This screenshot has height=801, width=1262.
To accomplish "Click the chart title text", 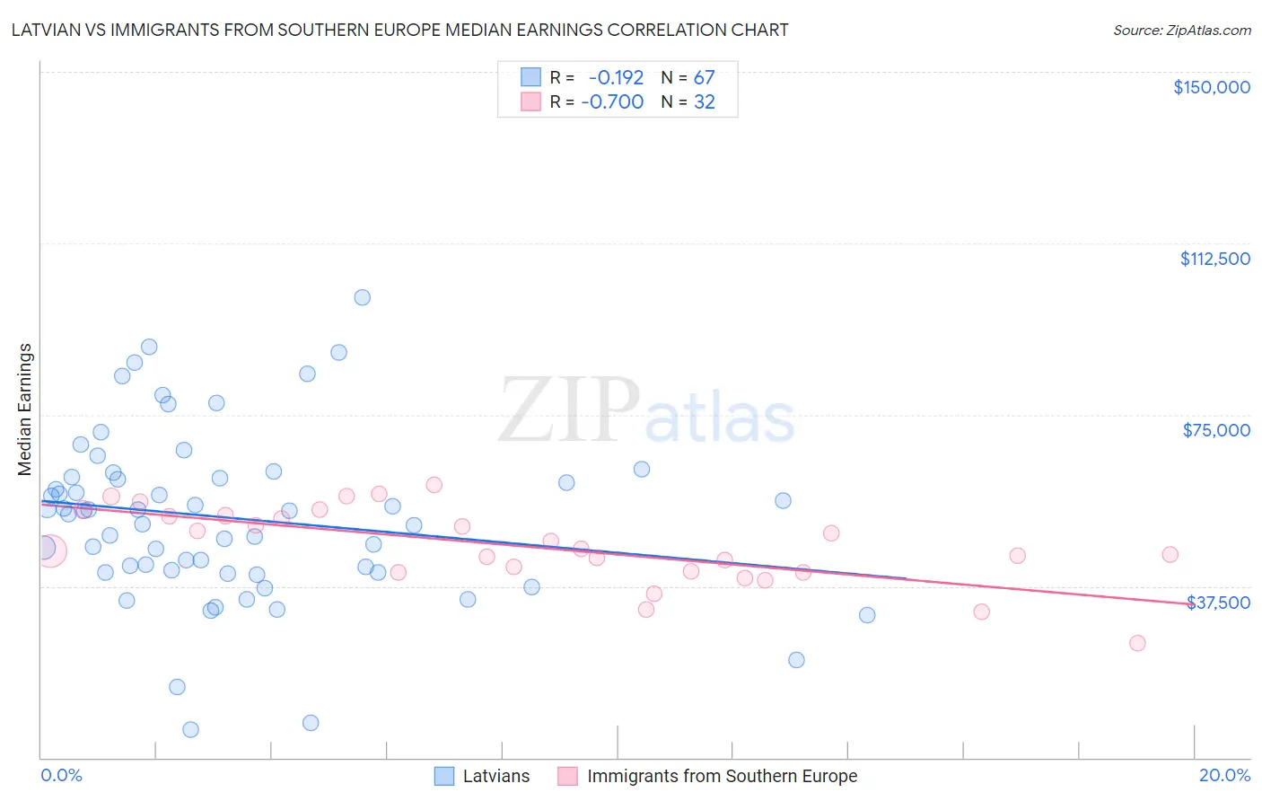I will [400, 31].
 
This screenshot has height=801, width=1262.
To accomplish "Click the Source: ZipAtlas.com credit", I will [1181, 31].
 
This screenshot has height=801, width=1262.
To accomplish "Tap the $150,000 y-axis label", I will [1212, 87].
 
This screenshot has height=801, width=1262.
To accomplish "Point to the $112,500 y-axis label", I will [1214, 259].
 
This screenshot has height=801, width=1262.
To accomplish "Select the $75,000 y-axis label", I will [1216, 430].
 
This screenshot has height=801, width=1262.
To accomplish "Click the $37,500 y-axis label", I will [1218, 603].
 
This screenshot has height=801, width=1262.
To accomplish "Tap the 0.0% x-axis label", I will [61, 775].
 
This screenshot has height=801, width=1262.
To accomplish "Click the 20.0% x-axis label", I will [1224, 775].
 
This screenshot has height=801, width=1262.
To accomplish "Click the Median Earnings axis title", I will [25, 409].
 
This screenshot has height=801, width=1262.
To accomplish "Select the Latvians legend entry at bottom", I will [495, 776].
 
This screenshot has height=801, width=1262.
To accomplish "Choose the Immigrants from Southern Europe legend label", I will [722, 776].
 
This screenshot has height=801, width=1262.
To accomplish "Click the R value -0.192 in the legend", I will [616, 77].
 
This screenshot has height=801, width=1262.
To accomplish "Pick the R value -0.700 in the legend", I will [612, 102].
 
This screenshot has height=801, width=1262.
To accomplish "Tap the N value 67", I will [704, 77].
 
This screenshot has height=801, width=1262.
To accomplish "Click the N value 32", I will [704, 102].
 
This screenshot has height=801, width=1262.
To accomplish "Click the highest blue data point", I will [362, 297].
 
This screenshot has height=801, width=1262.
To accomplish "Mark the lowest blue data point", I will [190, 729].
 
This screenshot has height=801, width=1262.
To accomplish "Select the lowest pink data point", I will [1137, 643].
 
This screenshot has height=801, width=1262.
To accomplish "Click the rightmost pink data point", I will [1170, 554].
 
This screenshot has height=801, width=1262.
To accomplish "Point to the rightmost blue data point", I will [867, 615].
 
